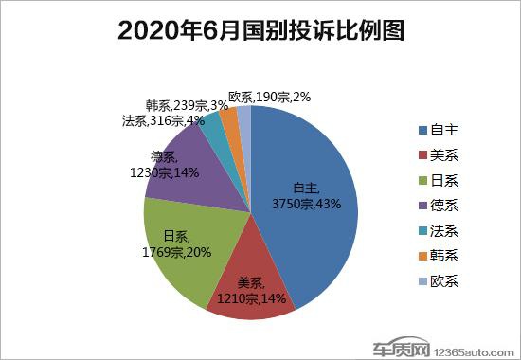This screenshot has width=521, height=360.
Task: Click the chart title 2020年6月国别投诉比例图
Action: click(260, 30)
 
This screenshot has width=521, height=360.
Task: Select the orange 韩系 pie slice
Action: click(229, 122)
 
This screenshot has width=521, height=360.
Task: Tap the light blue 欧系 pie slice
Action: click(243, 117)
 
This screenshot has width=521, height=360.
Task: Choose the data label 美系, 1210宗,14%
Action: click(251, 290)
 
